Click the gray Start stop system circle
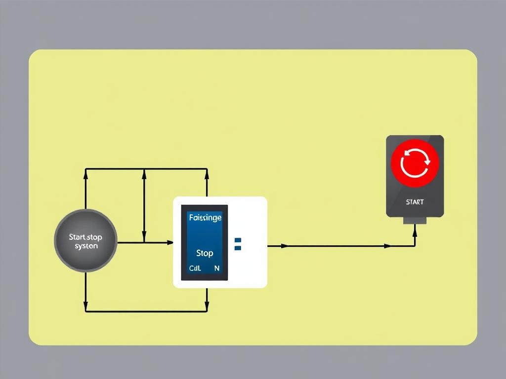(x=85, y=241)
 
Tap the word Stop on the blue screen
(x=204, y=253)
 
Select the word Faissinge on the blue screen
(x=205, y=218)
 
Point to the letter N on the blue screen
(x=217, y=268)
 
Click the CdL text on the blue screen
(x=195, y=268)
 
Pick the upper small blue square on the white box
(x=238, y=240)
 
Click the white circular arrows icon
(x=415, y=163)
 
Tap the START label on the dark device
(x=415, y=202)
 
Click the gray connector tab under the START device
(x=415, y=220)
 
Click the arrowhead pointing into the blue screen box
(x=170, y=242)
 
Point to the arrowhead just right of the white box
(x=284, y=245)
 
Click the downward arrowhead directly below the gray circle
(x=86, y=302)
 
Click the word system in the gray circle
(x=86, y=246)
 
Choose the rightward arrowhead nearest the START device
(x=387, y=245)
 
